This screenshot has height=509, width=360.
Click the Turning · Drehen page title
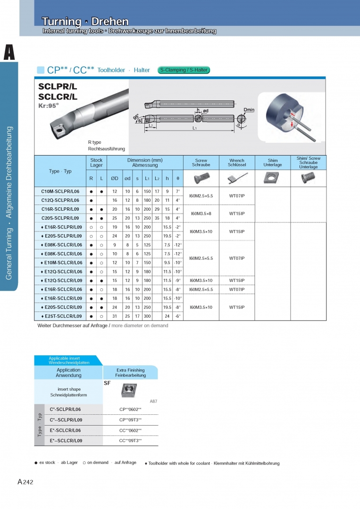[x=85, y=22]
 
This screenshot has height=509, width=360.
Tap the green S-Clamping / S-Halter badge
[x=184, y=70]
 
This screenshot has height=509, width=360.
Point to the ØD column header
[x=115, y=178]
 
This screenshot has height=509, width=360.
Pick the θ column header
[x=177, y=178]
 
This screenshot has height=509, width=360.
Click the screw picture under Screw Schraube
[x=201, y=178]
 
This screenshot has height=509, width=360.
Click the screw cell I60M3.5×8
[x=201, y=213]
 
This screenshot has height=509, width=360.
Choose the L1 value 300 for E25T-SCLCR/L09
[x=148, y=316]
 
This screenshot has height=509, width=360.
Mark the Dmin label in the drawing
[x=249, y=110]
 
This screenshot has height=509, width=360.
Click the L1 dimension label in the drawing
[x=194, y=128]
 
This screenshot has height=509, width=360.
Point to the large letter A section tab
[x=9, y=52]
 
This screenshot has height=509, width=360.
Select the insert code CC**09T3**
[x=130, y=441]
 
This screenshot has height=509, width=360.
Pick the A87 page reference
[x=153, y=401]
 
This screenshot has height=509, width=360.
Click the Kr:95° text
[x=49, y=106]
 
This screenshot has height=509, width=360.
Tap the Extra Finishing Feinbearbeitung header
[x=130, y=372]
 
